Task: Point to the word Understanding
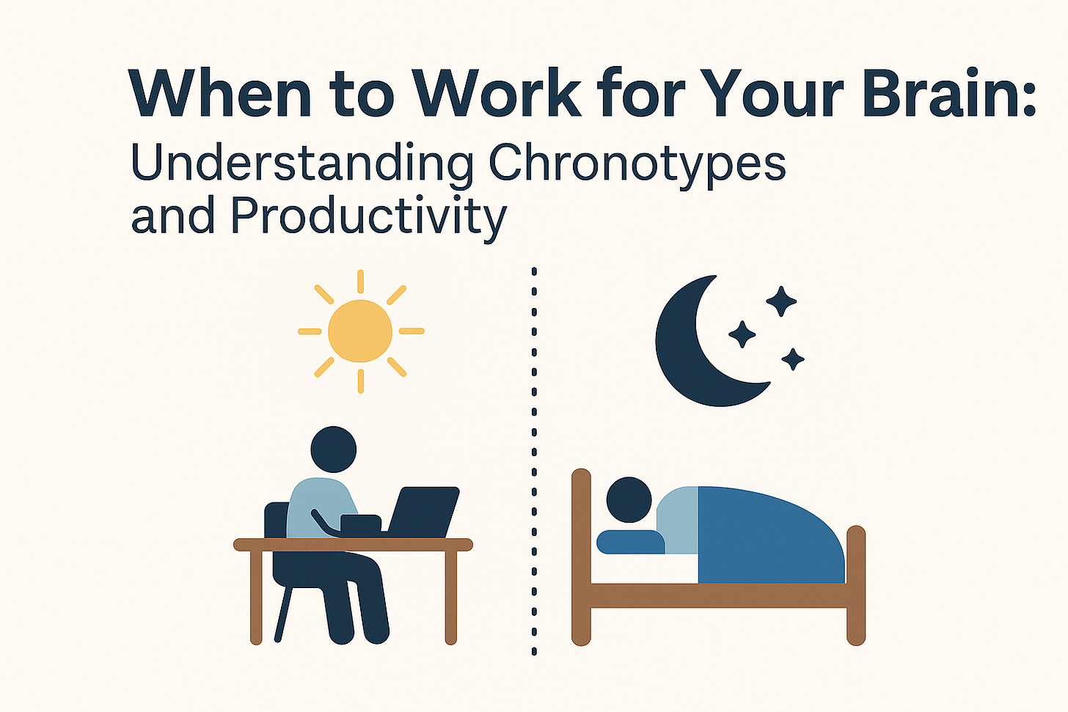[301, 164]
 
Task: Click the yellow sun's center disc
[360, 331]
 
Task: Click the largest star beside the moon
[781, 301]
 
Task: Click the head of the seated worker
[334, 449]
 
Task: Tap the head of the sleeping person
[629, 500]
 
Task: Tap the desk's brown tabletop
[353, 544]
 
